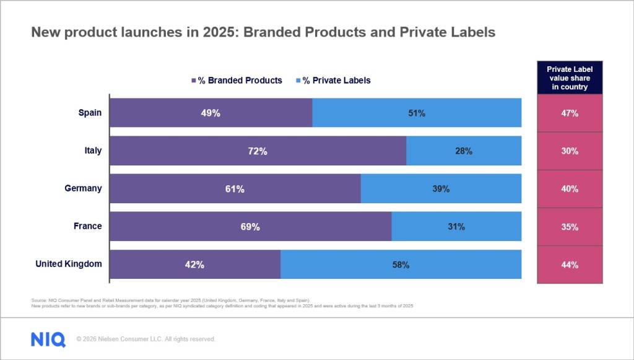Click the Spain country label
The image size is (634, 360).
[90, 113]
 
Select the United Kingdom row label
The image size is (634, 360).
[68, 264]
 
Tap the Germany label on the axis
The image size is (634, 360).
[83, 188]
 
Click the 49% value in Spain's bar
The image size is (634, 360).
[211, 113]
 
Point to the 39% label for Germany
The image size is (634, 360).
[441, 189]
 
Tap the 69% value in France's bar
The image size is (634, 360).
[250, 227]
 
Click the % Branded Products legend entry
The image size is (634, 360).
[237, 81]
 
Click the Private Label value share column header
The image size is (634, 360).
[570, 79]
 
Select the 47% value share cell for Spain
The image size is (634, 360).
[570, 113]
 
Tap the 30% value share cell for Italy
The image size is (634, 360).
[570, 151]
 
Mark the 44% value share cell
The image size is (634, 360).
[570, 265]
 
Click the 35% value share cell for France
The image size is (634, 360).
[570, 227]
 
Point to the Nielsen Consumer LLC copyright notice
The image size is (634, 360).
[145, 339]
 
